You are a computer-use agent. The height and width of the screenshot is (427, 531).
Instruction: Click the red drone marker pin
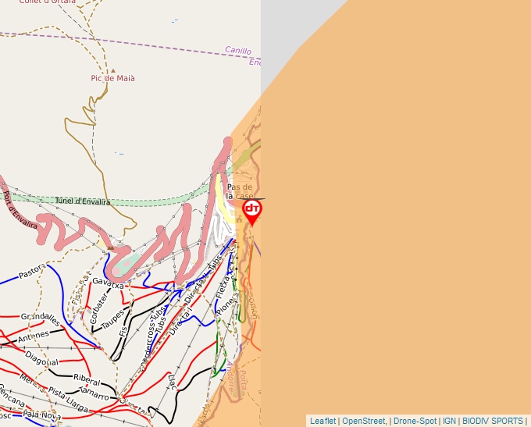(251, 211)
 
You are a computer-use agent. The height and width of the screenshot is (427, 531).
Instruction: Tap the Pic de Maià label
(113, 78)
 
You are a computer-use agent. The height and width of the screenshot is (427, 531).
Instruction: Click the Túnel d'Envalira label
(82, 201)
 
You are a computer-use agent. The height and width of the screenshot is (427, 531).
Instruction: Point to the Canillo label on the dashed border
(238, 51)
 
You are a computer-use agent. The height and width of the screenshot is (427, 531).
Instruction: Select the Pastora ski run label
(32, 273)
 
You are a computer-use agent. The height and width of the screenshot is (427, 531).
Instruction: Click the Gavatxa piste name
(108, 283)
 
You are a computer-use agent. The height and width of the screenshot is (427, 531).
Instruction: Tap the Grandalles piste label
(41, 318)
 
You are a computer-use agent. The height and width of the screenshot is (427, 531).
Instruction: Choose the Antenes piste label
(34, 336)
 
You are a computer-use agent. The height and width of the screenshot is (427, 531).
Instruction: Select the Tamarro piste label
(93, 395)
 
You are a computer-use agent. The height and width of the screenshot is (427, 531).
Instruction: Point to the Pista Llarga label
(68, 404)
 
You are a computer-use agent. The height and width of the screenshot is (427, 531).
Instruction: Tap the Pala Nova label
(42, 416)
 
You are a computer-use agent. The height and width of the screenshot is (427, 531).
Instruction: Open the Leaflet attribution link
(323, 421)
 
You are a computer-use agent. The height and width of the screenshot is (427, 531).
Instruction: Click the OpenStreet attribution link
(363, 421)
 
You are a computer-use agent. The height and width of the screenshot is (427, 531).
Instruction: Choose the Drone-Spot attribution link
(415, 421)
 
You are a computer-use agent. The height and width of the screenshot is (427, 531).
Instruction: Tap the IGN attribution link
(450, 421)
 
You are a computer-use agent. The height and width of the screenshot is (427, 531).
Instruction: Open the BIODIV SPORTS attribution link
(493, 421)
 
